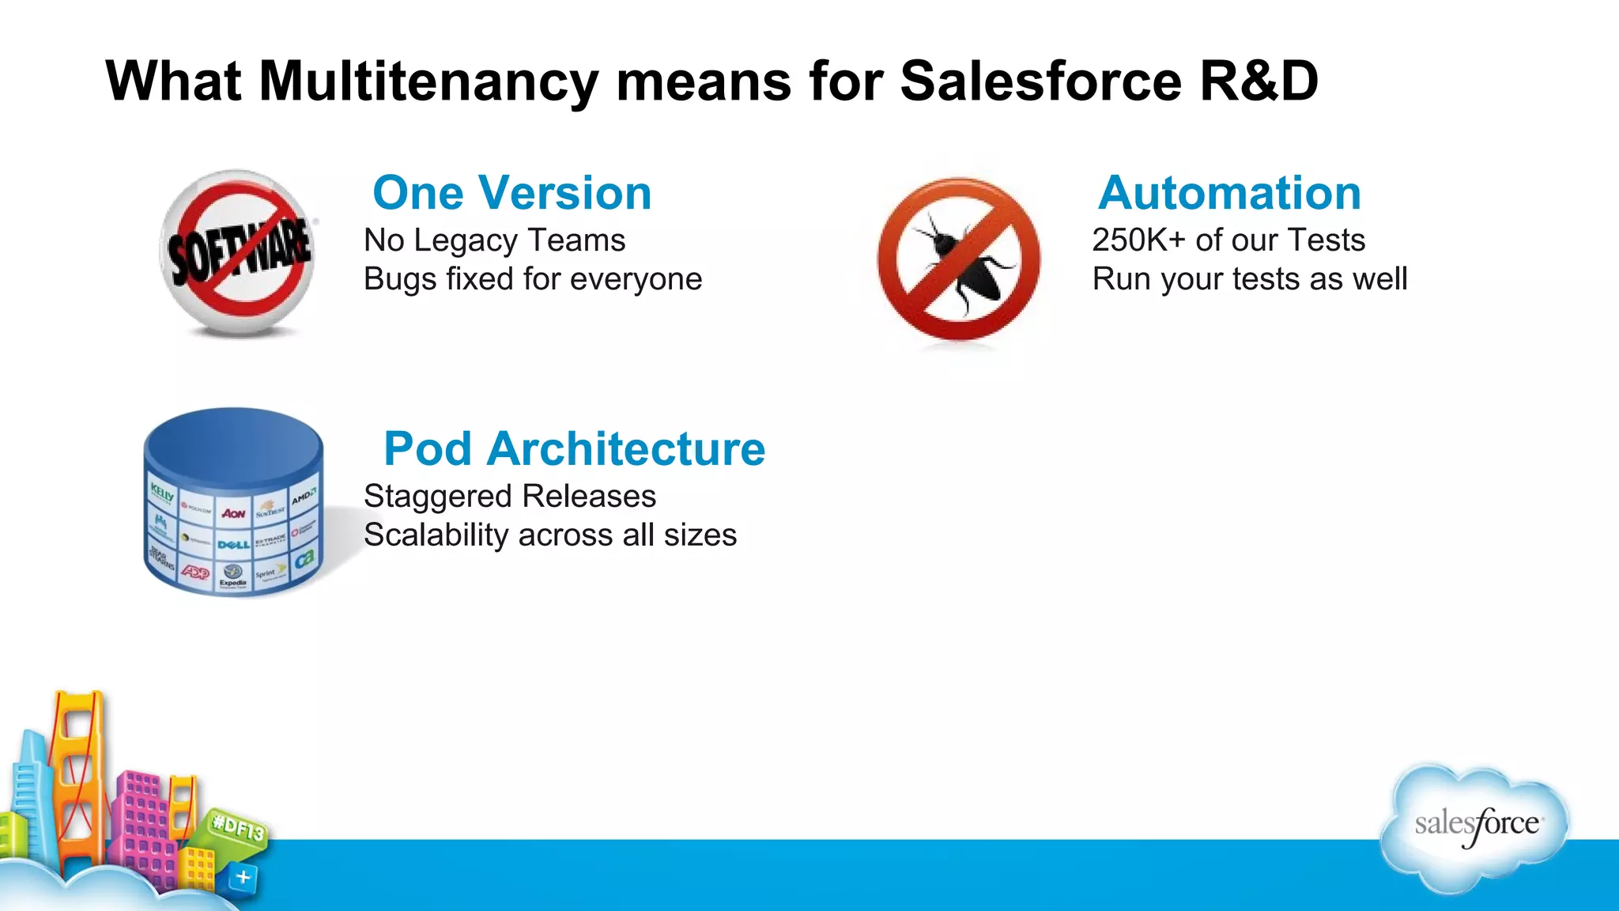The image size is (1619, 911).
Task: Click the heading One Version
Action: coord(511,193)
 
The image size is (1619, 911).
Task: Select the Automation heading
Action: coord(1229,193)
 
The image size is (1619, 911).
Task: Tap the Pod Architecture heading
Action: coord(574,449)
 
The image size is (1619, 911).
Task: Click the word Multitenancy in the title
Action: coord(428,81)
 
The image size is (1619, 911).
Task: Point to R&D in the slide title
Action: coord(1259,81)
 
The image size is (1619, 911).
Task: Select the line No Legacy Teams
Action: coord(494,240)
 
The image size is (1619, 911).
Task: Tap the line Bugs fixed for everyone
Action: coord(532,279)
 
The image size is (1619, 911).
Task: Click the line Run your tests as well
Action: coord(1249,279)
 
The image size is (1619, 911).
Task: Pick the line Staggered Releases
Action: coord(509,497)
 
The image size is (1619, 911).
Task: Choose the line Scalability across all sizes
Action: coord(549,535)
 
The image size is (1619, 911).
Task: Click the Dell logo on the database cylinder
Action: coord(233,544)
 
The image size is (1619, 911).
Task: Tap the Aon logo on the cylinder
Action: coord(233,513)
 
